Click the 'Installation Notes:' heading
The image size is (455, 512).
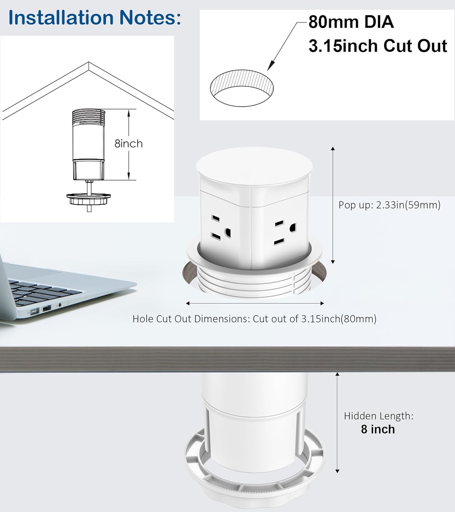tap(95, 18)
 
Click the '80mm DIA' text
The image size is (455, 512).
tap(351, 22)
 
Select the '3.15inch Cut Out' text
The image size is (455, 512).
tap(378, 46)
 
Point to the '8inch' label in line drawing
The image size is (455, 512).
tap(128, 144)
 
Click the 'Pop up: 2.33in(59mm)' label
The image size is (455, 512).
tap(389, 205)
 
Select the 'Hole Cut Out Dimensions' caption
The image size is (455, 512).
tap(254, 319)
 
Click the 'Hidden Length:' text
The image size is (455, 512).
tap(379, 416)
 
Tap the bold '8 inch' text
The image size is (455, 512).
tap(378, 429)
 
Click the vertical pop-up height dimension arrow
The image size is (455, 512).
tap(333, 205)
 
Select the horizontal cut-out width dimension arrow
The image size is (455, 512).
tap(254, 303)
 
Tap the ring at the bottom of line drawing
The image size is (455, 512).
tap(89, 198)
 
